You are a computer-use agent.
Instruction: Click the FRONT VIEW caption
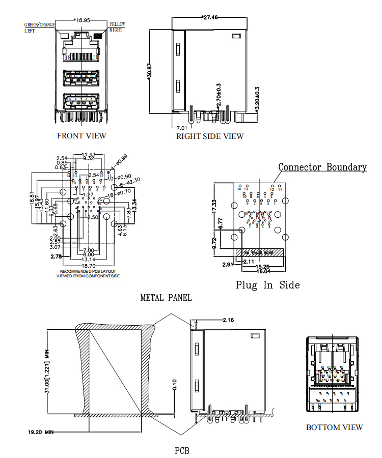[x=81, y=135]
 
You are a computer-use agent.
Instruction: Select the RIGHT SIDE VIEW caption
[x=210, y=136]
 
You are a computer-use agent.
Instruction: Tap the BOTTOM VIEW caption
[x=334, y=427]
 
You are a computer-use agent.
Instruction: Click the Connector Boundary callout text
[x=322, y=167]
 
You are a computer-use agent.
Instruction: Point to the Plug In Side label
[x=267, y=285]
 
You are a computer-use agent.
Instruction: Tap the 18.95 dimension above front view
[x=82, y=20]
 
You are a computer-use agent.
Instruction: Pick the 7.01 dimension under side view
[x=182, y=127]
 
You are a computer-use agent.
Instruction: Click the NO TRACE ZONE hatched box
[x=255, y=252]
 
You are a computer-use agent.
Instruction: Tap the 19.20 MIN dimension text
[x=41, y=432]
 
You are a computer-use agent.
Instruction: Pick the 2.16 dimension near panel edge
[x=228, y=320]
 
